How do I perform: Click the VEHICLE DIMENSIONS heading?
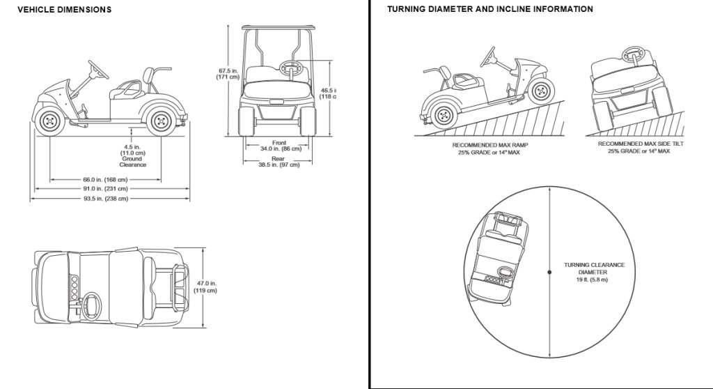tap(64, 10)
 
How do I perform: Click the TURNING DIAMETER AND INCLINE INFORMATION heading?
tap(490, 10)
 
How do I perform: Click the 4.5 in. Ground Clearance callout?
tap(132, 155)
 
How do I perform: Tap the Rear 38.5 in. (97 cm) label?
tap(279, 162)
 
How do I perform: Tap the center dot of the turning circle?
tap(549, 272)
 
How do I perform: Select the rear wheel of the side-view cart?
tap(159, 121)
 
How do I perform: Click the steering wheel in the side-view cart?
tap(98, 69)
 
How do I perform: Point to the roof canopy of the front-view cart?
tap(278, 29)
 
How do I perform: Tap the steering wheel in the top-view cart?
tap(91, 305)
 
